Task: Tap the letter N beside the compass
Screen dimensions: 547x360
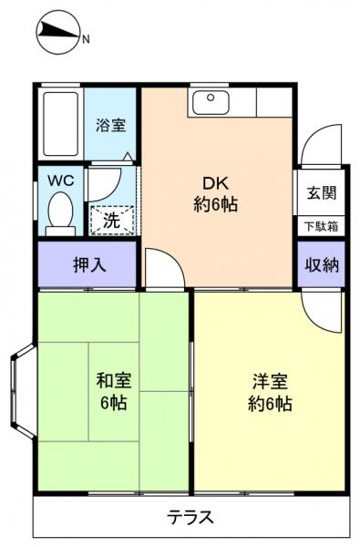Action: point(85,39)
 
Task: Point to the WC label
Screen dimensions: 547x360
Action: point(59,179)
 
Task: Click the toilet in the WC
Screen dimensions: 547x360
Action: point(60,211)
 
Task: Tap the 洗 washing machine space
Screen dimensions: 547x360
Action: point(110,219)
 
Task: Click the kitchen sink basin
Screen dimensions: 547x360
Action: point(201,103)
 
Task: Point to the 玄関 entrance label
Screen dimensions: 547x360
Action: point(320,193)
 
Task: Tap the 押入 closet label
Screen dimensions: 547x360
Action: point(87,265)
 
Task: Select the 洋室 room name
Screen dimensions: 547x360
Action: point(271,381)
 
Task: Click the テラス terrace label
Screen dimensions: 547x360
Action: point(190,518)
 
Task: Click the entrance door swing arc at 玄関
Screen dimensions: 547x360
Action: point(319,146)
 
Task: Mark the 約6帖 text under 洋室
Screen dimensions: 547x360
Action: point(271,403)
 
